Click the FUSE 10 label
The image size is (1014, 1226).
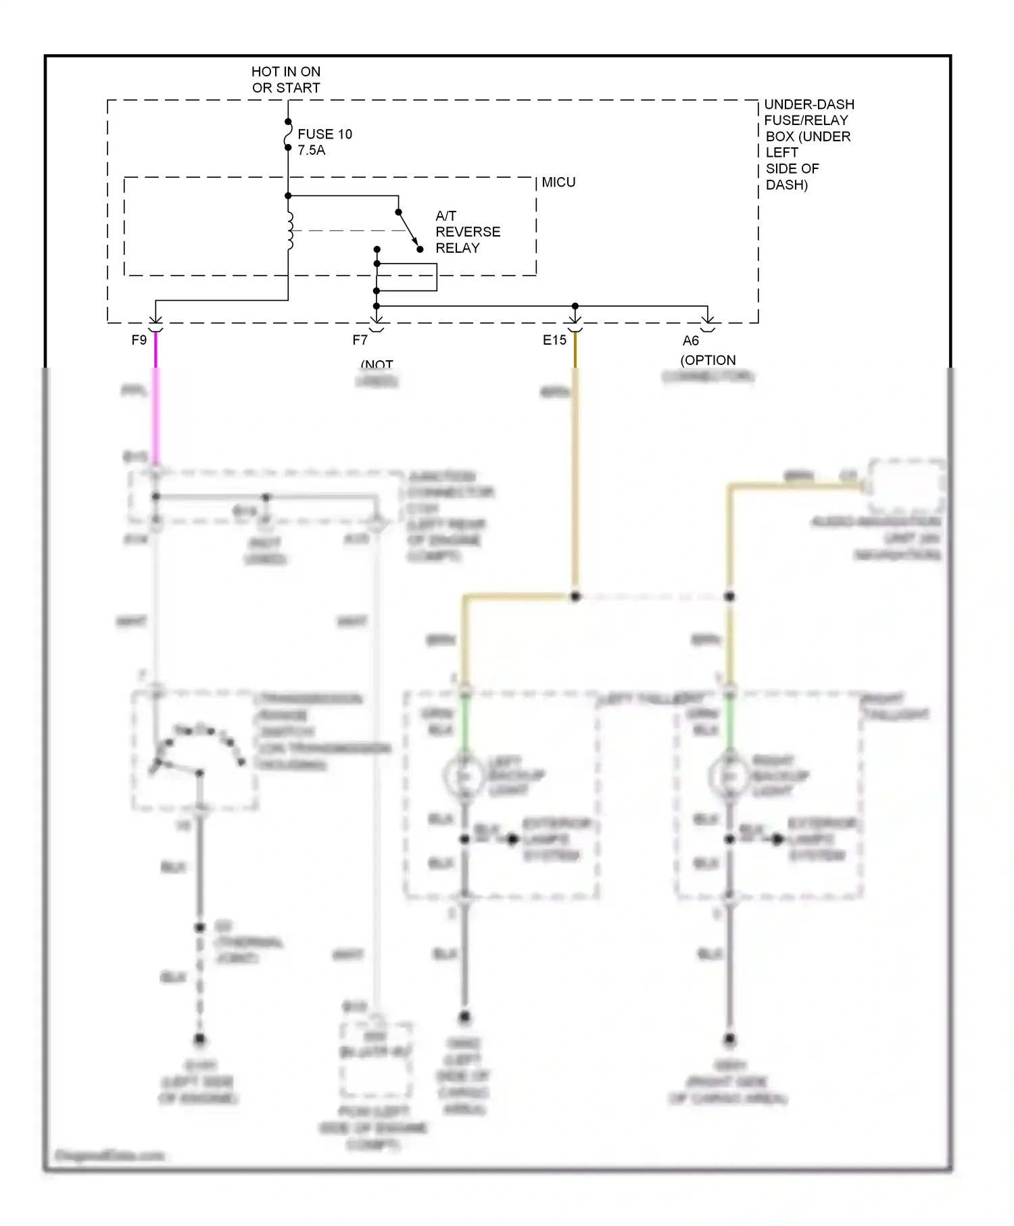(324, 134)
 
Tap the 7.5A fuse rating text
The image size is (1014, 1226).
(311, 151)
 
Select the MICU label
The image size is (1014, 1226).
(558, 182)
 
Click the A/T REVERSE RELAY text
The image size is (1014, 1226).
(467, 232)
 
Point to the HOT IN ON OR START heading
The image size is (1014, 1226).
(286, 80)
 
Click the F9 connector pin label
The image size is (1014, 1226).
(139, 340)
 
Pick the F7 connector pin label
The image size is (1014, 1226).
(360, 340)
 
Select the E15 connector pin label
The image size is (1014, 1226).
(554, 340)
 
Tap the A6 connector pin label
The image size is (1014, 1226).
(690, 341)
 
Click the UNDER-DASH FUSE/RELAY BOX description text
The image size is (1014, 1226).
(808, 144)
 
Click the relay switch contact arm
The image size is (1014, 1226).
(408, 228)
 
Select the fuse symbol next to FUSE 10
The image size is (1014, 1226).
(288, 134)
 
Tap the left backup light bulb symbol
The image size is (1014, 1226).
(464, 777)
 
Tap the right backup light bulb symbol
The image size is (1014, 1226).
(729, 777)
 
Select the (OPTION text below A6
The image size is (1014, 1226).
(708, 360)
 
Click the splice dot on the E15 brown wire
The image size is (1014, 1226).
(575, 597)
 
